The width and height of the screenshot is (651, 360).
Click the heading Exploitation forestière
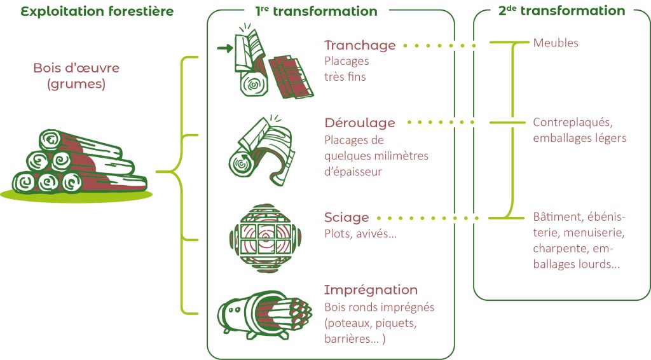(97, 11)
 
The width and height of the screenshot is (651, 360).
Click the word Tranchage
(360, 45)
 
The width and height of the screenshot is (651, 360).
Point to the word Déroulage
(360, 123)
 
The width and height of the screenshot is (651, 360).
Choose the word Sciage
(346, 218)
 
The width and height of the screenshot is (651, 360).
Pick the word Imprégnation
(371, 290)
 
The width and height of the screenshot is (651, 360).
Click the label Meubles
(556, 43)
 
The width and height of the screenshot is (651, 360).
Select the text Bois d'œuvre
(76, 68)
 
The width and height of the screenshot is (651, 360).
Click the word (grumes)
(76, 83)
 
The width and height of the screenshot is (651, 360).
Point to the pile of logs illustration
(79, 164)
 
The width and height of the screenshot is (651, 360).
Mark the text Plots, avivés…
(360, 233)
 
